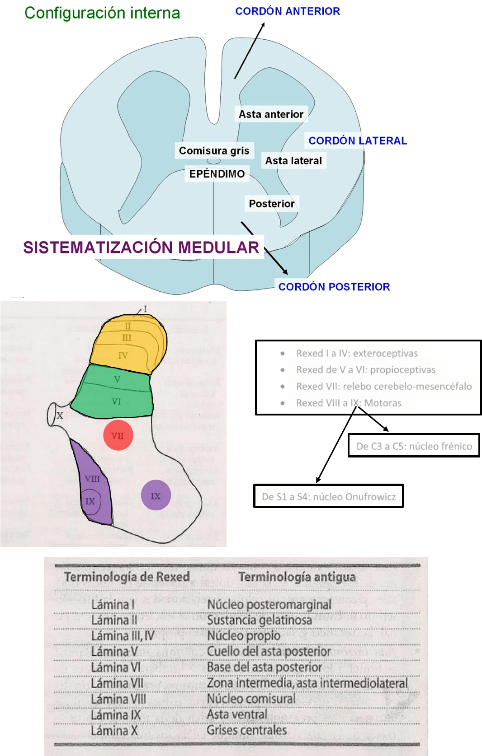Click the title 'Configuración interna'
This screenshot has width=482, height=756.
point(102,13)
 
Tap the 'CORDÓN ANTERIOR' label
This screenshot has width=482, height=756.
point(288,11)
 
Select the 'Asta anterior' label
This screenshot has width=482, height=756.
point(271,114)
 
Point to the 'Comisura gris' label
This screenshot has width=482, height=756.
point(214,150)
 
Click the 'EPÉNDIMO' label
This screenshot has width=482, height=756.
point(217,174)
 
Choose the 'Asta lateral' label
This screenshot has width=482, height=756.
point(293,161)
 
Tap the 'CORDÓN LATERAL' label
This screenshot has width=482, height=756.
point(358,140)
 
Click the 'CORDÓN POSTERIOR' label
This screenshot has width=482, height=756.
point(334,287)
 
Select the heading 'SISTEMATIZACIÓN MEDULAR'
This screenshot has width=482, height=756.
point(141,247)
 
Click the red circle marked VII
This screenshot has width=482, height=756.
point(118,435)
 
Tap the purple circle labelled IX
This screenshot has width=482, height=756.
point(156,495)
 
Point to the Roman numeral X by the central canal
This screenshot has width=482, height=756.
point(60,415)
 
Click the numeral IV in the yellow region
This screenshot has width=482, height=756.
point(123,355)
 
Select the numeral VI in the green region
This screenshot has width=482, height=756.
point(116,401)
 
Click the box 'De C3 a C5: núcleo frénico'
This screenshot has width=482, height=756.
point(414,446)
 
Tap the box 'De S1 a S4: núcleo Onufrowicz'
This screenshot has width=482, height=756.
point(328,497)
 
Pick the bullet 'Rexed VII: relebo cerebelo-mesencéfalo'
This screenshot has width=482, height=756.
point(383,386)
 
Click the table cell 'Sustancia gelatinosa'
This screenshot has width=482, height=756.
point(259,620)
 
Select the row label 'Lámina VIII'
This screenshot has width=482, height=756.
point(118,699)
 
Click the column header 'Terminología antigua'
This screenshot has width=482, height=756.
point(297,577)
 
